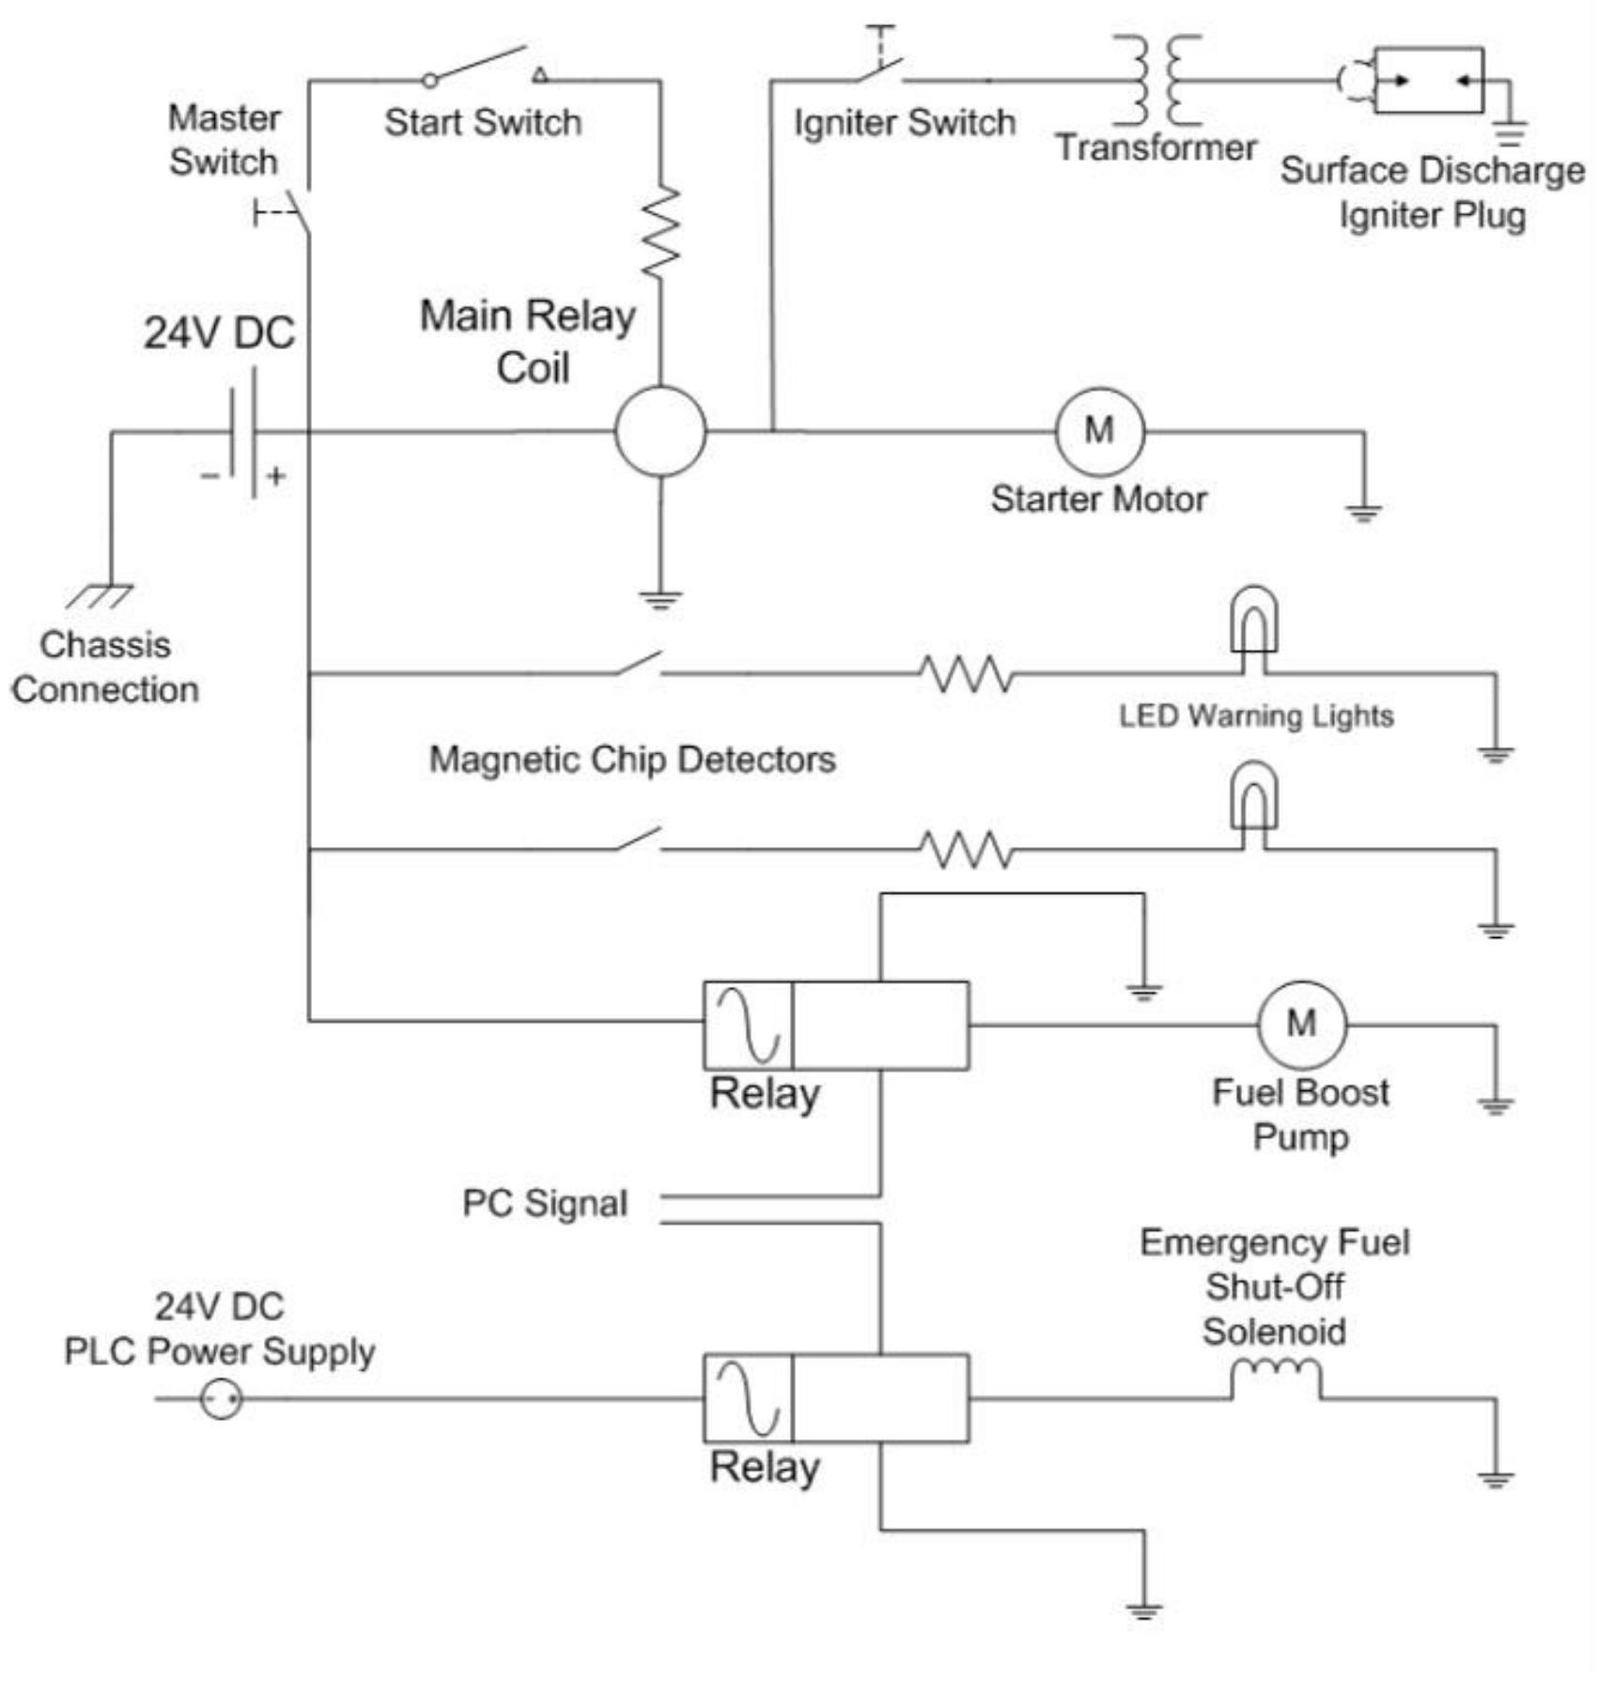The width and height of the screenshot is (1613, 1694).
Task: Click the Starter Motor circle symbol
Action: [x=1099, y=432]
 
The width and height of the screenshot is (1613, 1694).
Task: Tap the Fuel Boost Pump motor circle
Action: [x=1301, y=1024]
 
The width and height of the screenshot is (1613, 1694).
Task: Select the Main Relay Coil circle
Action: [x=660, y=432]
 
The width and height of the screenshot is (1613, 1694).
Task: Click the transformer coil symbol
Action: [x=1156, y=81]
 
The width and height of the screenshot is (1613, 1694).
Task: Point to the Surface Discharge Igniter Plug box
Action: [x=1429, y=81]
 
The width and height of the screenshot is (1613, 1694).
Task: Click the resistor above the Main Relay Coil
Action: [x=660, y=231]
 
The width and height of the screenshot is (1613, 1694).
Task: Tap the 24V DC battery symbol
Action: [x=242, y=432]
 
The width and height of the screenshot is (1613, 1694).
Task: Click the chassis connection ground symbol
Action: [x=101, y=595]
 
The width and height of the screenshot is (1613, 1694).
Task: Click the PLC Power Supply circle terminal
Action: [x=222, y=1399]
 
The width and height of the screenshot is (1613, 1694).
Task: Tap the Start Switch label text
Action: [x=483, y=123]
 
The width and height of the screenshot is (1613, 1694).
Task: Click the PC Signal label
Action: [x=544, y=1204]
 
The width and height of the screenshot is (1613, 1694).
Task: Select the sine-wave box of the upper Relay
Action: [x=748, y=1025]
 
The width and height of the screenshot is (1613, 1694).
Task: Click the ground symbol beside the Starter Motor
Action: [x=1363, y=513]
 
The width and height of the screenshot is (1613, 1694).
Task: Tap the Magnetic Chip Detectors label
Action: [x=631, y=759]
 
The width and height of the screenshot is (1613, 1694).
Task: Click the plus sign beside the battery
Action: [x=275, y=476]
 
